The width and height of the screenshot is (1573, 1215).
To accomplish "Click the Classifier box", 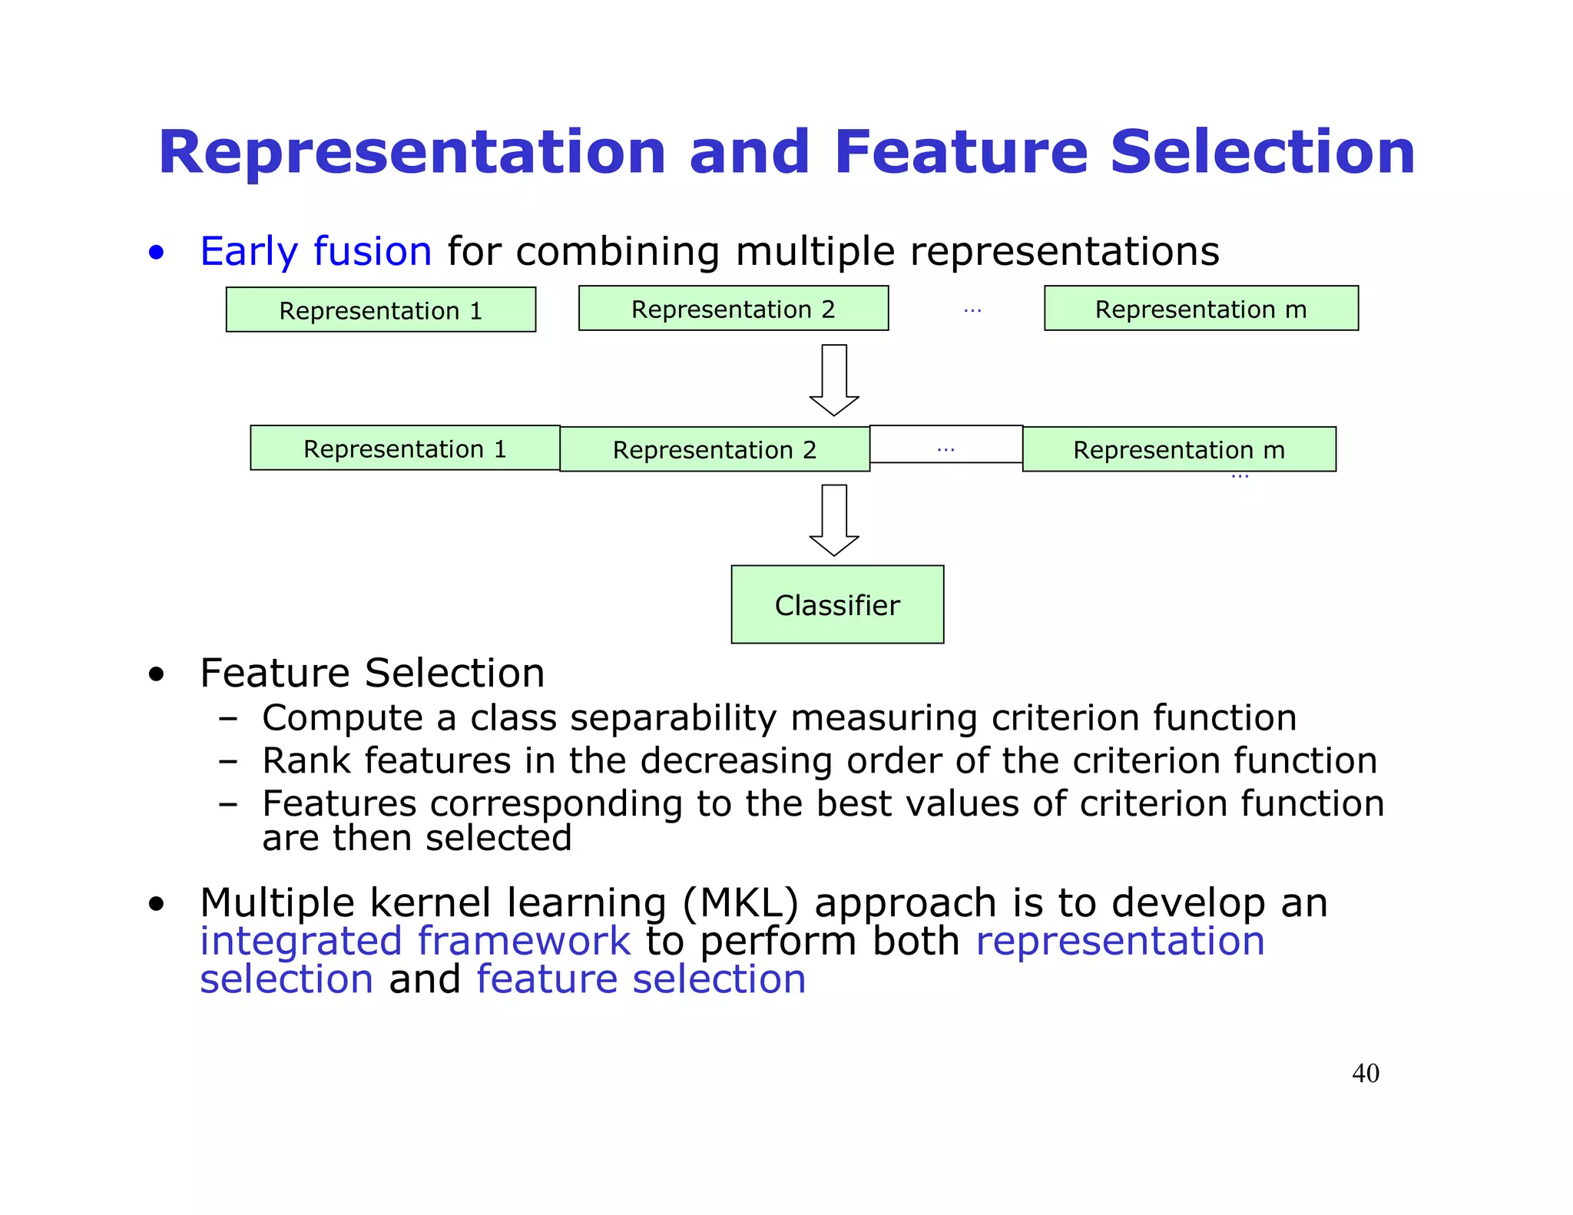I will [x=837, y=604].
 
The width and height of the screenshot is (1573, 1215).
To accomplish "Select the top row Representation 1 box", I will [x=380, y=310].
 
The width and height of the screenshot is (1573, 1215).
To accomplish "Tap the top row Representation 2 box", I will [x=733, y=309].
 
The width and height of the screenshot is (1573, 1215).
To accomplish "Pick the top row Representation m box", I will [x=1200, y=309].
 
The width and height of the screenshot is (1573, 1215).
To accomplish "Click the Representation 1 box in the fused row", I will [x=405, y=448].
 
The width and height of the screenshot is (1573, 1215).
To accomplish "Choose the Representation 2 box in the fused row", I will [x=714, y=449].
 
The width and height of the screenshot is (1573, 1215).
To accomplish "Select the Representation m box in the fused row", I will [x=1179, y=449].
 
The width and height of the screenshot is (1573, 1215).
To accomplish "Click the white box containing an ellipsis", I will [x=945, y=445].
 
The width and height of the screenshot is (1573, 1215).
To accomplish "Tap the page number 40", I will [x=1365, y=1073].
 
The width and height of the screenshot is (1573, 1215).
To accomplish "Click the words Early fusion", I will [x=316, y=251].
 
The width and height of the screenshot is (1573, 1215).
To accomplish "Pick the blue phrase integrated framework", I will [x=415, y=941].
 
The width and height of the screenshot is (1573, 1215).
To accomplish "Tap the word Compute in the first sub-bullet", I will [x=342, y=718].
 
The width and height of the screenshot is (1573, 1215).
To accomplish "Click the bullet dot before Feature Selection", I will [x=157, y=674].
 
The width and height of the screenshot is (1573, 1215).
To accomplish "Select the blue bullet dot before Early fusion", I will [x=157, y=253].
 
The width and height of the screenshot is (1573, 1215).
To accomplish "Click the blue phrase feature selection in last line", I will [x=641, y=979].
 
